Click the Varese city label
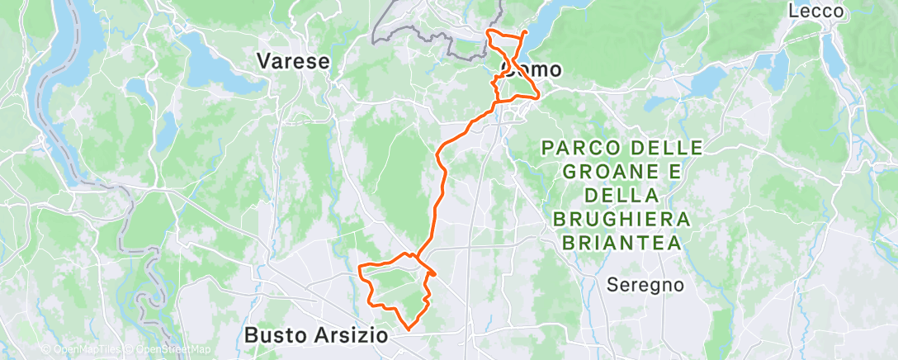tap(293, 61)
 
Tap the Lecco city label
tap(815, 11)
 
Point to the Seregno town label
tap(645, 285)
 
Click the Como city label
tap(532, 69)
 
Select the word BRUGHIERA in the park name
tap(622, 220)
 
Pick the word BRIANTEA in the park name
tap(622, 243)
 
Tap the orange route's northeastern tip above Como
tap(526, 31)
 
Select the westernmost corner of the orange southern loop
tap(360, 268)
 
